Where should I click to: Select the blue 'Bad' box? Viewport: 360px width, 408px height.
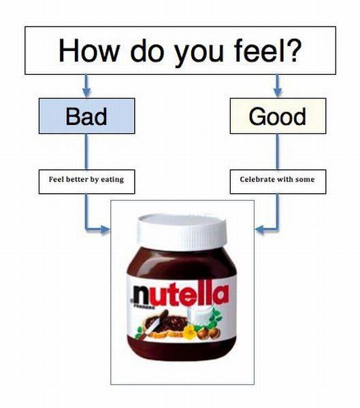(x=86, y=116)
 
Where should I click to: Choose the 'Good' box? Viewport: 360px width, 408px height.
(x=278, y=116)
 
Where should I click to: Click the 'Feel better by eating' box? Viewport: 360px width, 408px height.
(x=86, y=182)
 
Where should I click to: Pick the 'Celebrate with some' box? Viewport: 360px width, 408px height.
(x=278, y=182)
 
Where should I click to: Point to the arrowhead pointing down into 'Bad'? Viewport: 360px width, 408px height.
(x=86, y=92)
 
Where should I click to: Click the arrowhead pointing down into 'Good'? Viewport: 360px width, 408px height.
(x=278, y=92)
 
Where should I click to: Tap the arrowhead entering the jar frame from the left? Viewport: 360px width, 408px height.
(x=105, y=230)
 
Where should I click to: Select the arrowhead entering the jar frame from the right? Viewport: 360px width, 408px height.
(x=259, y=230)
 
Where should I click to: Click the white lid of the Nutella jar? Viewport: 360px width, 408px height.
(x=182, y=232)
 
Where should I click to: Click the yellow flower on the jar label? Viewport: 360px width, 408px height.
(x=189, y=333)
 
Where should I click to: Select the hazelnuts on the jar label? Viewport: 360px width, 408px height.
(x=209, y=333)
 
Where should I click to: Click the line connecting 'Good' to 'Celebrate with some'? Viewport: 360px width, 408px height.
(x=278, y=152)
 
